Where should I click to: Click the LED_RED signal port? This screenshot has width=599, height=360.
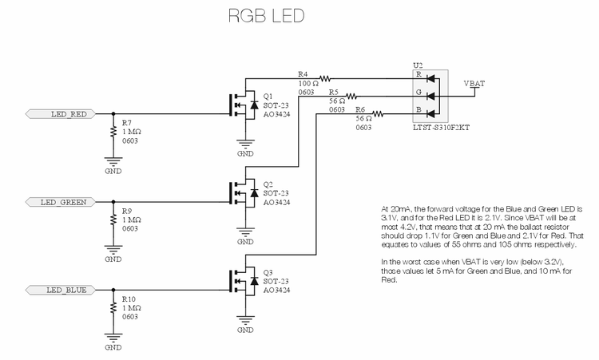point(67,114)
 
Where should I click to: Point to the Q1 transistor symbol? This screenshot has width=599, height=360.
point(243,105)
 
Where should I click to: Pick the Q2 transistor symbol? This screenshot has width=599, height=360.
point(243,192)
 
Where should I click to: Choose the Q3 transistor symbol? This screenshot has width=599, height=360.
point(243,280)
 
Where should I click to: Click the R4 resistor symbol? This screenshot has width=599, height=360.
point(326,77)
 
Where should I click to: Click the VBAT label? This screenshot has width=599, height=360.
point(474,82)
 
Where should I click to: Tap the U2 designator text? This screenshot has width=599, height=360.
point(417,65)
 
